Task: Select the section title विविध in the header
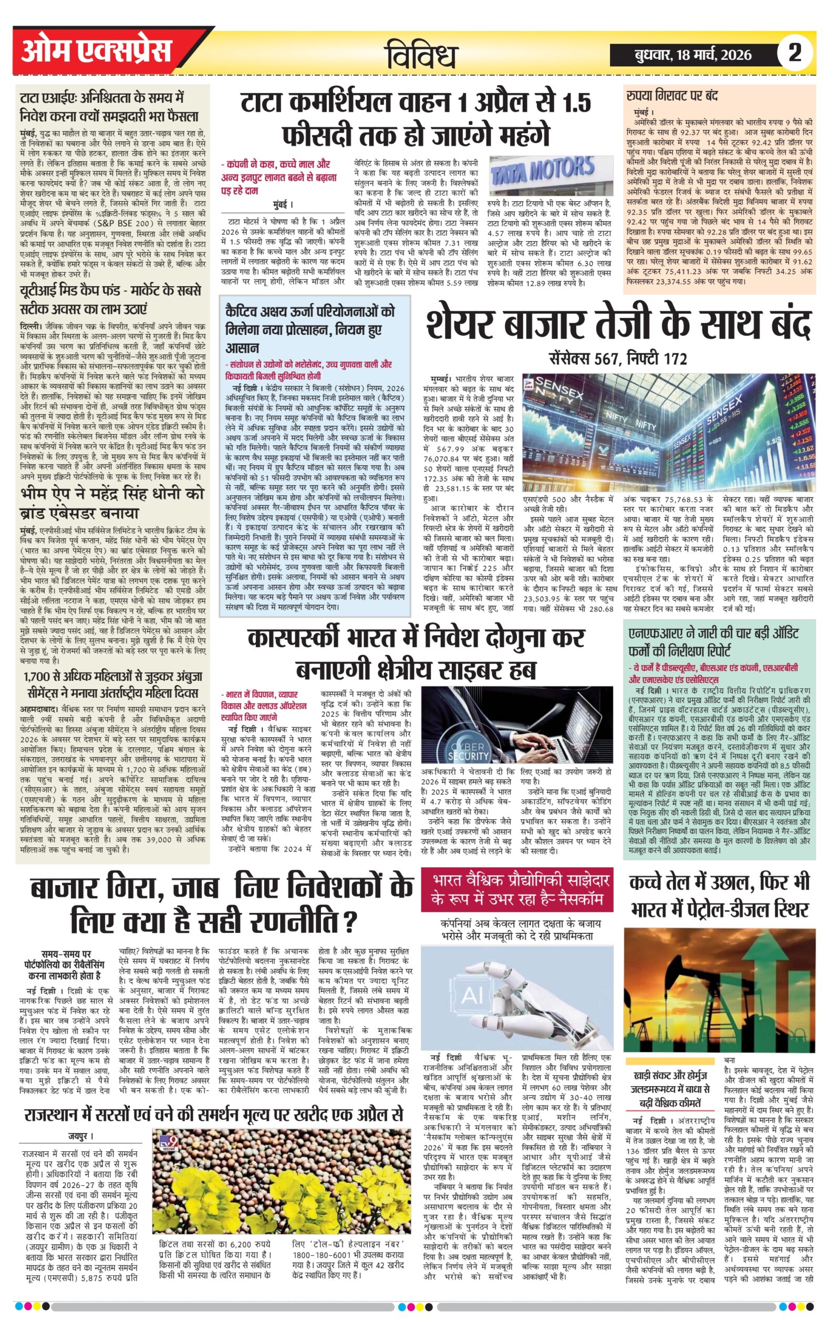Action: pos(421,55)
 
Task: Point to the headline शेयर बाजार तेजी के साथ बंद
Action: pos(618,327)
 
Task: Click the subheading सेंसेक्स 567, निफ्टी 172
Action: pos(618,360)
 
